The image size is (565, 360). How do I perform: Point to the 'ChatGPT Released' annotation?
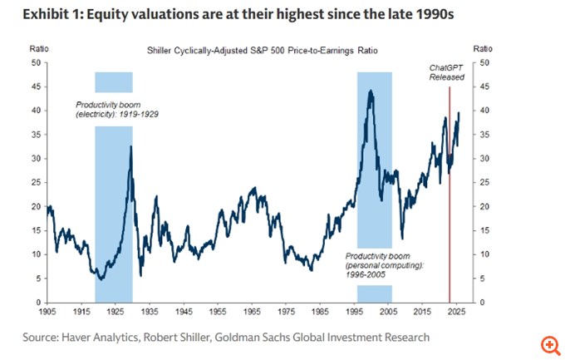pyautogui.click(x=446, y=72)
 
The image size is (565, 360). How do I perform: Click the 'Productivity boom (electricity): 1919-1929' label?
pyautogui.click(x=113, y=109)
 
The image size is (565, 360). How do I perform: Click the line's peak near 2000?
pyautogui.click(x=370, y=91)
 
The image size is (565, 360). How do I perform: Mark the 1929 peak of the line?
pyautogui.click(x=130, y=147)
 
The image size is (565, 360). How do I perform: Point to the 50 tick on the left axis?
pyautogui.click(x=37, y=62)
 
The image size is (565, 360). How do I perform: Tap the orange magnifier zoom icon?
pyautogui.click(x=548, y=343)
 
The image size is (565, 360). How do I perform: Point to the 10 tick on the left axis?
pyautogui.click(x=37, y=254)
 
